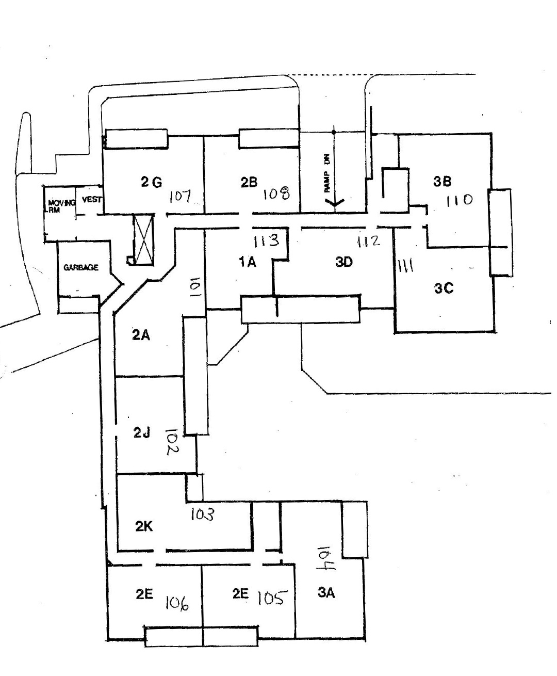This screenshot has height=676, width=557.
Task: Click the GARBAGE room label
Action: pos(81,268)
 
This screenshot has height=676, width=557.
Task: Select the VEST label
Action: pos(91,200)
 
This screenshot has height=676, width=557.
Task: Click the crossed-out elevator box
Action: pos(144,239)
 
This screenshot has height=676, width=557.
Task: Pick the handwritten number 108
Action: pos(277,194)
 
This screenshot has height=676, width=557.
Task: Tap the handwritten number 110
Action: pos(460,200)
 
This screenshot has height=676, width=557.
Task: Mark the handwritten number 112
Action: pos(369,240)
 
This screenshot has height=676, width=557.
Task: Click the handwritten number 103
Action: pos(202,514)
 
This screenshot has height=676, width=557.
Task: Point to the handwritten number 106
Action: pos(176,602)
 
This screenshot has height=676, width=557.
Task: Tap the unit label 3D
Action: pos(343,262)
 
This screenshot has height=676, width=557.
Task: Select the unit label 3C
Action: pos(444,288)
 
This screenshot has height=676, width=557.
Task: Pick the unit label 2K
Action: pos(144,526)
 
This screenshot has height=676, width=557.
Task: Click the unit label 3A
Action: pos(326,593)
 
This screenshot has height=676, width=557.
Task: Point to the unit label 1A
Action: pos(248,263)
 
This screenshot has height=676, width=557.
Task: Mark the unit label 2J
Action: pos(141,433)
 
